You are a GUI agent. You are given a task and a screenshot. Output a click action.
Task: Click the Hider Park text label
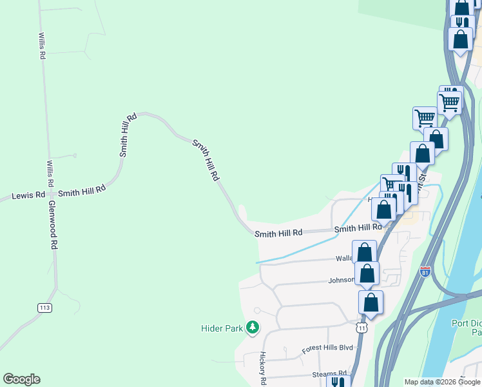[222, 328]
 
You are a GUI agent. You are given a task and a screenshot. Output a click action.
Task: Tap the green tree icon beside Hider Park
[253, 328]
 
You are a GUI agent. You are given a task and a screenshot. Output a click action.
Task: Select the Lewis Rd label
[28, 194]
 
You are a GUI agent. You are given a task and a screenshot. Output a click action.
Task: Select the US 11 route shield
[363, 328]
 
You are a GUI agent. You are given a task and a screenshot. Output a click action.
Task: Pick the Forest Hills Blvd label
[328, 348]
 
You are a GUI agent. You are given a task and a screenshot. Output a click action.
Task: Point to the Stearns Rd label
[325, 373]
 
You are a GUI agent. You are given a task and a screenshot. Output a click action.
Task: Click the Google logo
[21, 379]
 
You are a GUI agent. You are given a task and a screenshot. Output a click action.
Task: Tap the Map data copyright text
[443, 382]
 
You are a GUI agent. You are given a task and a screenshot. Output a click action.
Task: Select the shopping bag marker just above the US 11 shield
[371, 302]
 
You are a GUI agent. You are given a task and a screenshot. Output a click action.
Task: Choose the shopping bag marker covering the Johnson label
[367, 273]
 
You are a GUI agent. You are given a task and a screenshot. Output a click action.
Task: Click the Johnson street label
[341, 280]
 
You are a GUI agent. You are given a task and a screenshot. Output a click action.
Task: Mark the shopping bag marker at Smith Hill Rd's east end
[384, 209]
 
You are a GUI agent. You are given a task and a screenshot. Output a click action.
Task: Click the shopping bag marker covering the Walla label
[364, 252]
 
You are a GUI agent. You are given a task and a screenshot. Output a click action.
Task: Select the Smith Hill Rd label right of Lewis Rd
[81, 192]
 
